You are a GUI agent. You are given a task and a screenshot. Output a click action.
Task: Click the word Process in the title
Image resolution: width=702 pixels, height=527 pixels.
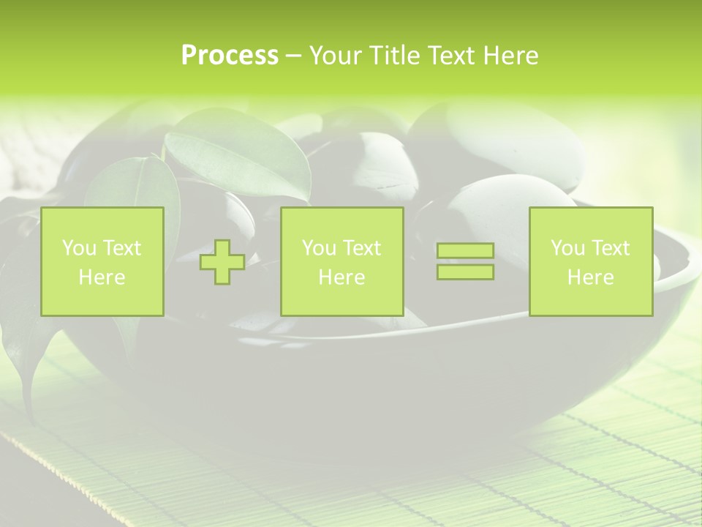tap(230, 55)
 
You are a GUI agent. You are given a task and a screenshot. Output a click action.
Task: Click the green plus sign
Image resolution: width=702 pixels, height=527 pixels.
tap(222, 262)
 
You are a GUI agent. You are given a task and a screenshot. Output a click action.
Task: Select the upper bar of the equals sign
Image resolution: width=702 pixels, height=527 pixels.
tap(465, 251)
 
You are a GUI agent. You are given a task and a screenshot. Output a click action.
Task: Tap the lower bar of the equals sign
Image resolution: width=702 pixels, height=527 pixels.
tap(465, 272)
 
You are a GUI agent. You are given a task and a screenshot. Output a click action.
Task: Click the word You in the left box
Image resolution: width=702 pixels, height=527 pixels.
tap(78, 248)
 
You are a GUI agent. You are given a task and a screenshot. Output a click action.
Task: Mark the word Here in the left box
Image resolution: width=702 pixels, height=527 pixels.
tap(102, 277)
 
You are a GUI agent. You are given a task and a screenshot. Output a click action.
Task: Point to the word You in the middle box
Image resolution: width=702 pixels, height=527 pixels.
tap(318, 248)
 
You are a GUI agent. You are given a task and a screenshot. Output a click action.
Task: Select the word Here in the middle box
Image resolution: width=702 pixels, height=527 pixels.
tap(341, 277)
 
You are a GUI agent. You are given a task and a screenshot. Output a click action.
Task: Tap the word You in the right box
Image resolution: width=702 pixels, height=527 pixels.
tap(567, 248)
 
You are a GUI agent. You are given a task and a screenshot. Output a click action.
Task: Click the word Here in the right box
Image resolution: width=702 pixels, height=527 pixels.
tap(590, 277)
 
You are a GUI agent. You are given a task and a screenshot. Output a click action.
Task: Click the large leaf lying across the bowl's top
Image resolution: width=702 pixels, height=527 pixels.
tap(234, 157)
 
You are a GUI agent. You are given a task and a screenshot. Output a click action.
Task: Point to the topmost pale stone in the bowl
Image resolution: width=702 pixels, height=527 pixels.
tap(505, 132)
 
